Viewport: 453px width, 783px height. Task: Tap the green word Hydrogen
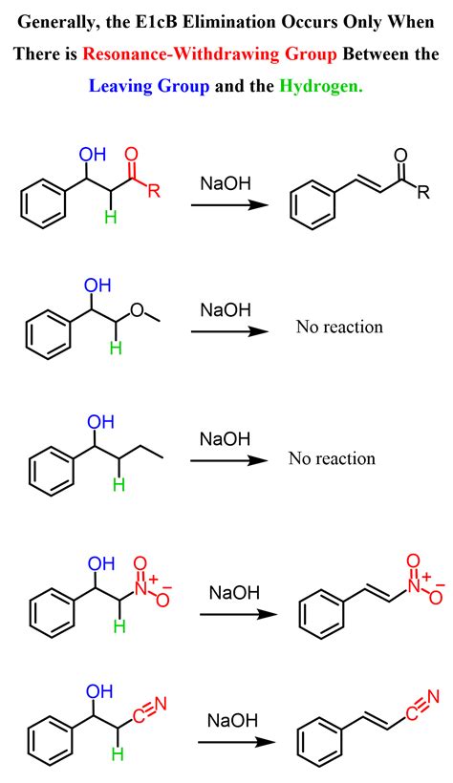321,86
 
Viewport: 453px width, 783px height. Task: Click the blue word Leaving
121,86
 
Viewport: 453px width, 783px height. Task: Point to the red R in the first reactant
154,191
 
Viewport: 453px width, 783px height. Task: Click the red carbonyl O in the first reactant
131,155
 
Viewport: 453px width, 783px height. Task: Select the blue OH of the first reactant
93,155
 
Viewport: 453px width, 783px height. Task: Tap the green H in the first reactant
111,217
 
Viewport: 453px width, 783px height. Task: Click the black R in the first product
423,192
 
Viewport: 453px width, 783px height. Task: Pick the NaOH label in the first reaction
226,183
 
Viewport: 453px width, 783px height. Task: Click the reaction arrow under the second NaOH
230,331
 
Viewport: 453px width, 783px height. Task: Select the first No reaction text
339,327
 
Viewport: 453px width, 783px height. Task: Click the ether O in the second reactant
138,310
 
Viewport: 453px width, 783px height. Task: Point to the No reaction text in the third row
332,458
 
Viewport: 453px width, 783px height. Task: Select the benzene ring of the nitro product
320,614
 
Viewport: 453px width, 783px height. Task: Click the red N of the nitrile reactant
160,704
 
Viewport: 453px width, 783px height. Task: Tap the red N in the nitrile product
433,697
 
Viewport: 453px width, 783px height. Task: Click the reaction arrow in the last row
236,742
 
